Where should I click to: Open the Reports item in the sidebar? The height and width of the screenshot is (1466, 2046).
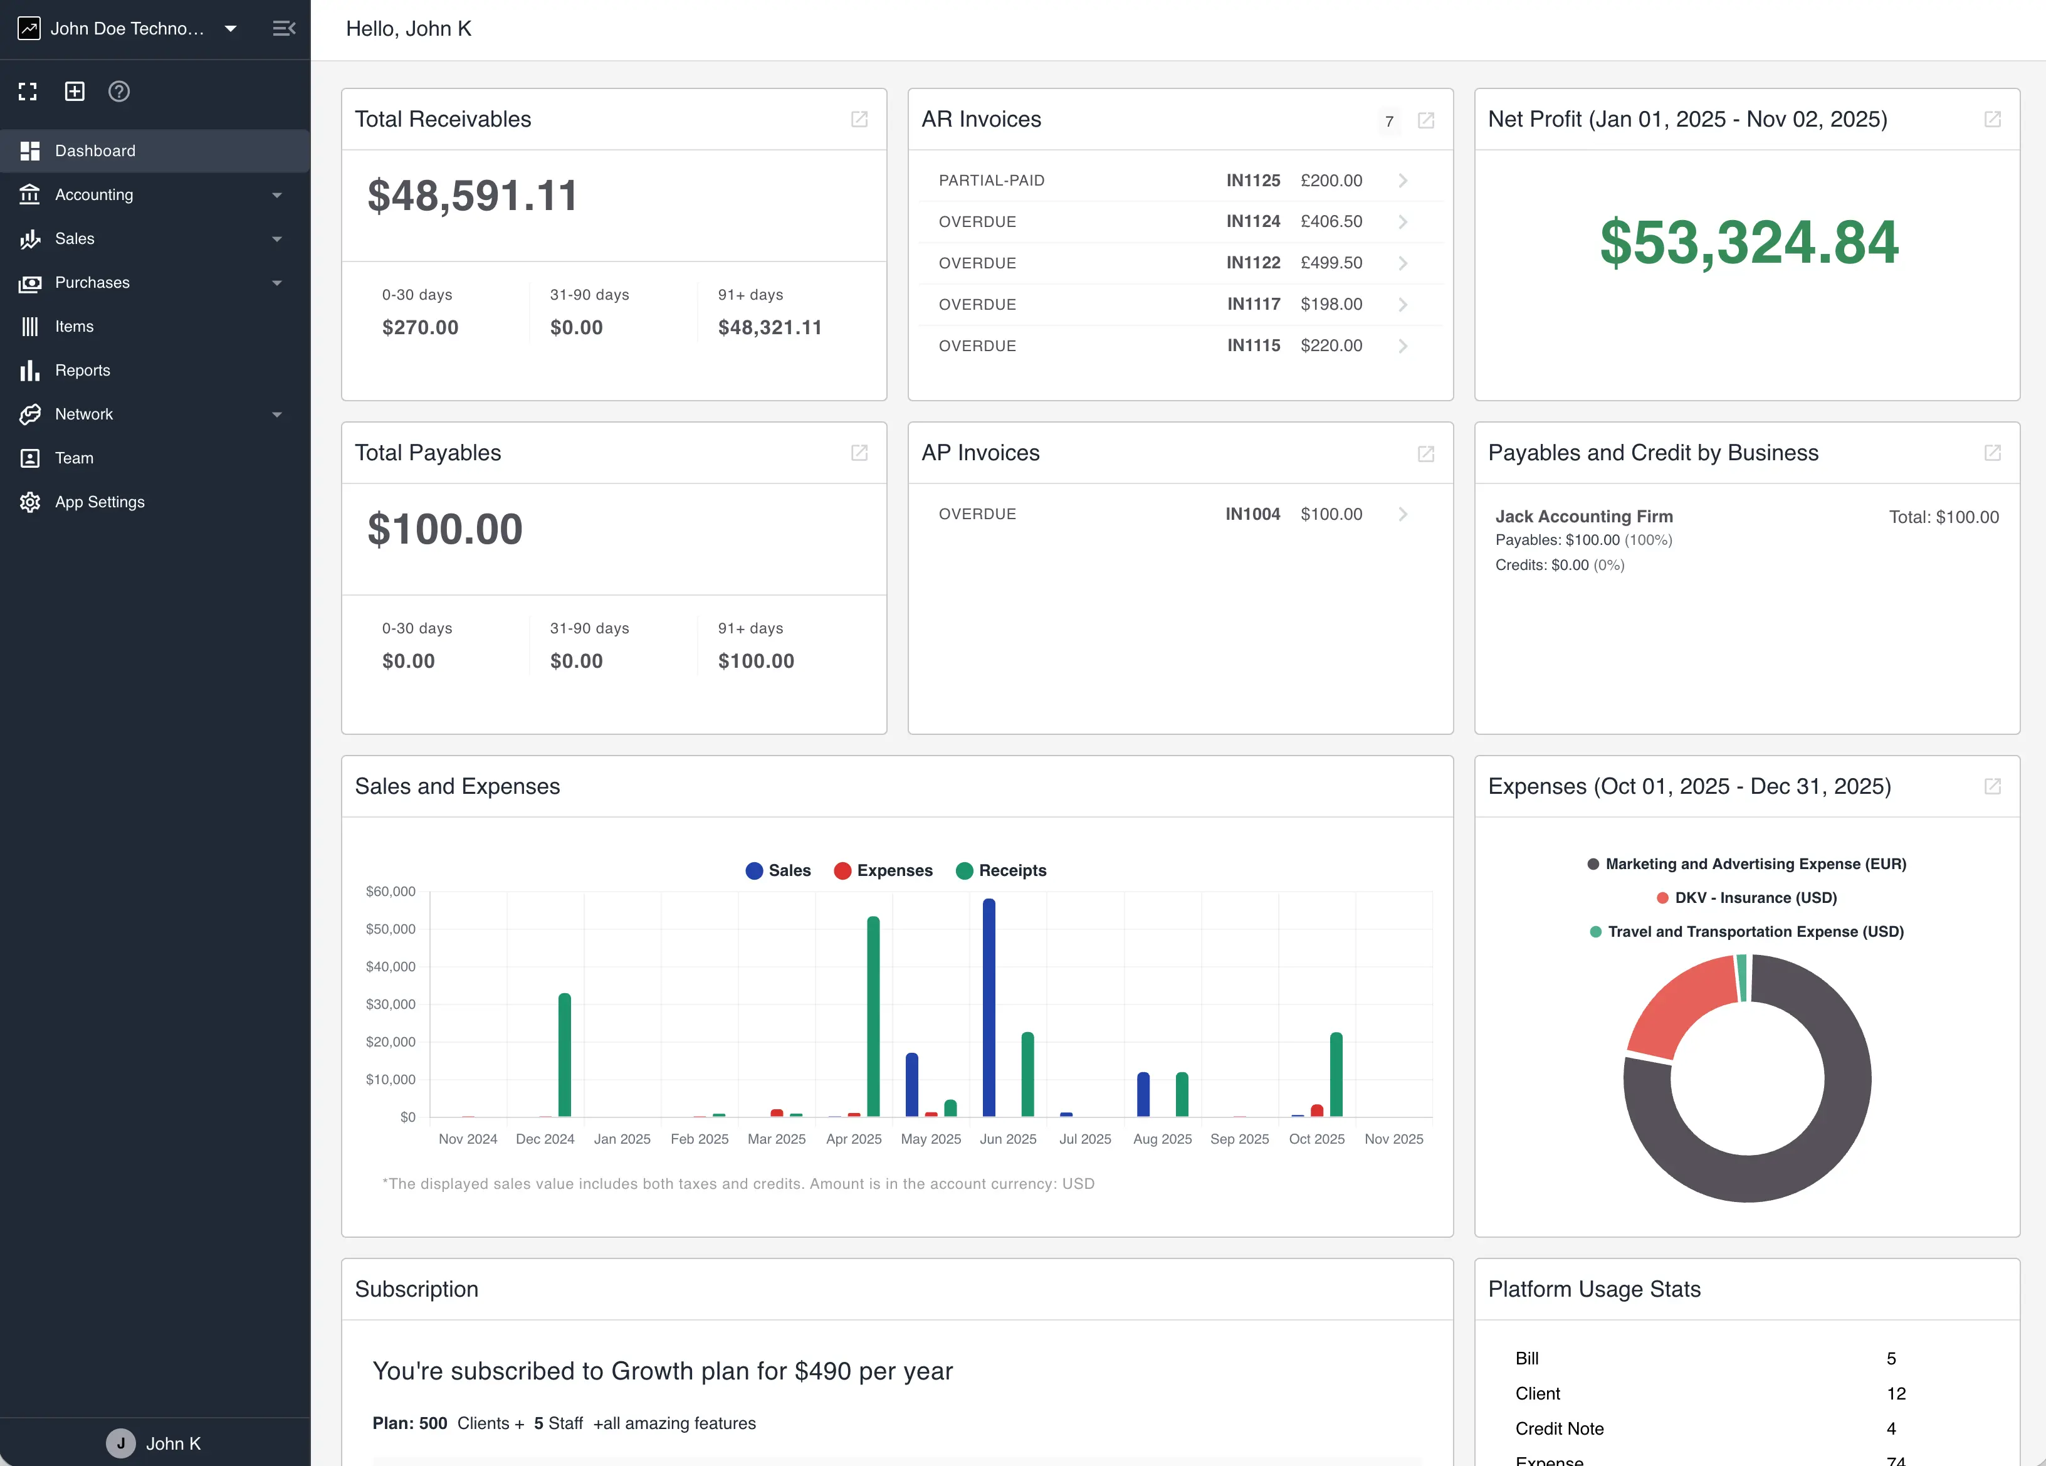82,370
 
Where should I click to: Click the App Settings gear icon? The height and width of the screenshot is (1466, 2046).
29,502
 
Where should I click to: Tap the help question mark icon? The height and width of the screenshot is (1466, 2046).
119,91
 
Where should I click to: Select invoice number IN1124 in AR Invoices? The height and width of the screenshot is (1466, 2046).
1253,221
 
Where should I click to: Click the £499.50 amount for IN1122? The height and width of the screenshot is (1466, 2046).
1331,263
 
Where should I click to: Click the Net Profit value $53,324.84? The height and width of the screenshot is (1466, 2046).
1748,243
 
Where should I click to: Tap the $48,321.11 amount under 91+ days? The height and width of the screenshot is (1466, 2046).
770,327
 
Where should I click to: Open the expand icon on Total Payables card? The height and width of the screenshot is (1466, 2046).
859,453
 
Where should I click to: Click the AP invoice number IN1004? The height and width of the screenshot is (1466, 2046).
1252,514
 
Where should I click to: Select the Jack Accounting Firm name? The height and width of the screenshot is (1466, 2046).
1583,516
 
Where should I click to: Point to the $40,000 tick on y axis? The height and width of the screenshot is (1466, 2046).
391,966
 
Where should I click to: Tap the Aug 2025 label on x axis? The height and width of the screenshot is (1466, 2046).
1162,1139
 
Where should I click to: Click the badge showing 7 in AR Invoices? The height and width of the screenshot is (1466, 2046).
1389,121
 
